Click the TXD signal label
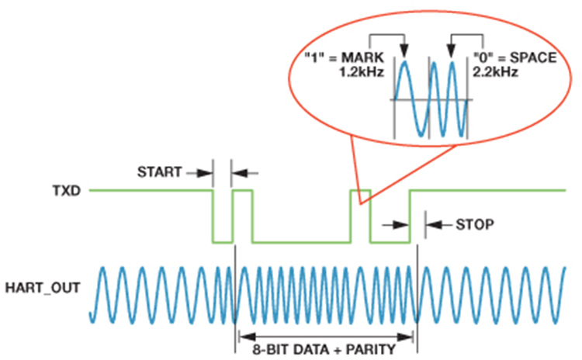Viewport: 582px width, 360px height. pos(67,191)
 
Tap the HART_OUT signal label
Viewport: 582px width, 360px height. pos(43,288)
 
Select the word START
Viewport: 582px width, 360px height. pos(160,172)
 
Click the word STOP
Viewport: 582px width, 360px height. pos(475,224)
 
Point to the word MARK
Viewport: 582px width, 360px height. pos(362,58)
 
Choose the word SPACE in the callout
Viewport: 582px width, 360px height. pos(533,58)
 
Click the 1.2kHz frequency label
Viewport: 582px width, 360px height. pos(362,71)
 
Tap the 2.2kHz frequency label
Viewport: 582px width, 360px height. pos(495,71)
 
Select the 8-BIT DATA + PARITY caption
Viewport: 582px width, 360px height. pos(324,350)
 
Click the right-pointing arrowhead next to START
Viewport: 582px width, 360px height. pos(205,173)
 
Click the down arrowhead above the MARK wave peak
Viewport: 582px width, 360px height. pos(404,51)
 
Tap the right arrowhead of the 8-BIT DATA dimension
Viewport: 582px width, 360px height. pos(405,337)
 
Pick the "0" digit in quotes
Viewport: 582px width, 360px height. pos(483,58)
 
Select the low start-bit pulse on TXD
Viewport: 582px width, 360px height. pos(223,242)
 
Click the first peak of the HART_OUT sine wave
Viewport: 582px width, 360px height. pos(102,268)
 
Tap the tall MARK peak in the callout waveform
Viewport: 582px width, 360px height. pos(404,61)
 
